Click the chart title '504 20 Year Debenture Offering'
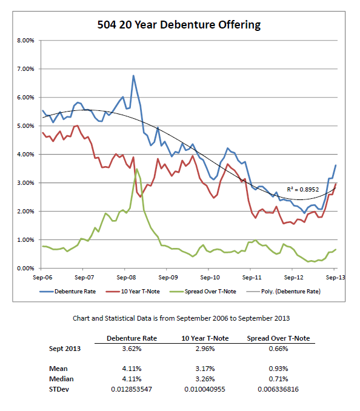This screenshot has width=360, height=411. pyautogui.click(x=179, y=25)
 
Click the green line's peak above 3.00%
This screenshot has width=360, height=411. pyautogui.click(x=137, y=169)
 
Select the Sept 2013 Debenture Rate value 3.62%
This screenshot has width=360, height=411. pyautogui.click(x=128, y=349)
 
